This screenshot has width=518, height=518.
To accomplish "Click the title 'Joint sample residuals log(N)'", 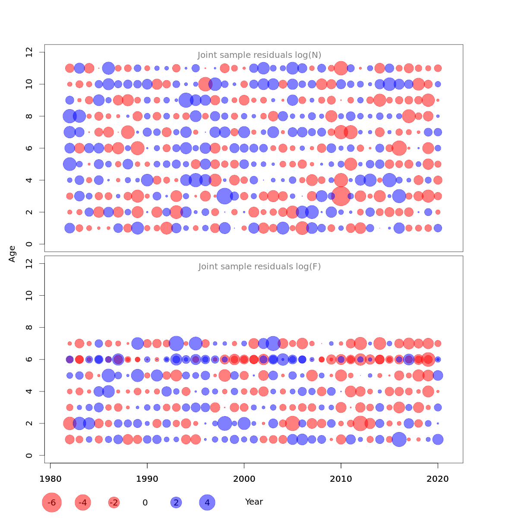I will pos(259,55).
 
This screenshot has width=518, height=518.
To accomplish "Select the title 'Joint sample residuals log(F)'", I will pos(259,267).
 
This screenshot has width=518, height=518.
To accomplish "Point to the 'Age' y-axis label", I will pos(13,254).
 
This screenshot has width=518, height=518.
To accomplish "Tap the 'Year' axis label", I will pos(254,502).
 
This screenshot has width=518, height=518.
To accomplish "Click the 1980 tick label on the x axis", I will pos(51,479).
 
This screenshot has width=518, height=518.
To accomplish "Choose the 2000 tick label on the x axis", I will pos(244,479).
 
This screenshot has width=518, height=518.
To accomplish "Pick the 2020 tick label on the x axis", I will pos(438,479).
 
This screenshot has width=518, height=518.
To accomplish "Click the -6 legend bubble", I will pos(52,502).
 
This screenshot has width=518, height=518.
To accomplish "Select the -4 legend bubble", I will pos(83,502).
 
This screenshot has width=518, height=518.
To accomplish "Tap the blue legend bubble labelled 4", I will pos(207,502).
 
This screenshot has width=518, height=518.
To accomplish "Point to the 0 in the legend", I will pos(145,503).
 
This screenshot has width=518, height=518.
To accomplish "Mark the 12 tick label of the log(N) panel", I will pos(30,52).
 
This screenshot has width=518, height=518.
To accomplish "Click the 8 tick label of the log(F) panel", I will pos(30,327).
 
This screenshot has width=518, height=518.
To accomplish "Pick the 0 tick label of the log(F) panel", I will pos(30,455).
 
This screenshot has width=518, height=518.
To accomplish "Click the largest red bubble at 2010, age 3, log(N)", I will pos(341,196).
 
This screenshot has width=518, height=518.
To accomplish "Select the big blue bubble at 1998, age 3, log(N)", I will pos(225,196).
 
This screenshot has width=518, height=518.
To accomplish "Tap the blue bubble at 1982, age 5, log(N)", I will pos(70,164).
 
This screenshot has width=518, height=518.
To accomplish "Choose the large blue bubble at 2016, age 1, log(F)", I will pos(399,439).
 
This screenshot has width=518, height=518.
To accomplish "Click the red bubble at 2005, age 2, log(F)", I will pos(292,423).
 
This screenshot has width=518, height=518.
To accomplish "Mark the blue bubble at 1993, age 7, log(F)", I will pos(176,344).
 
